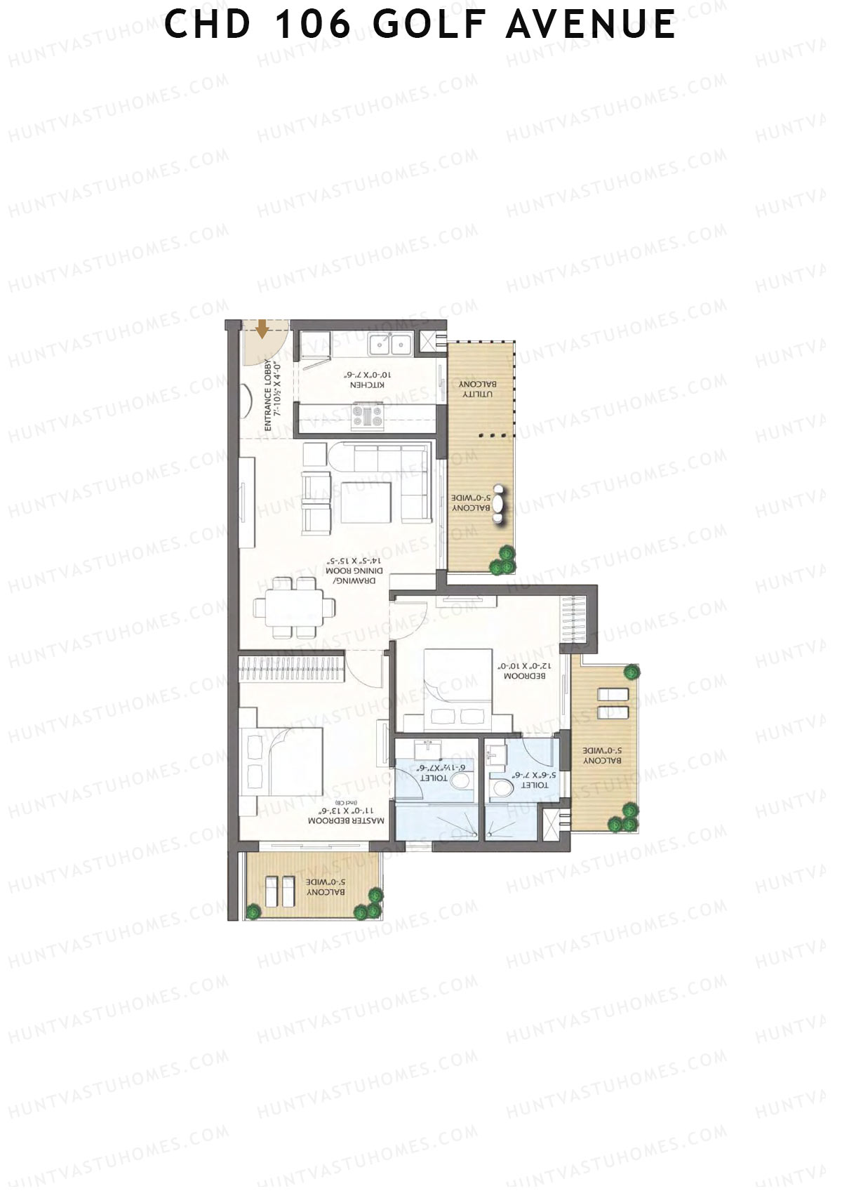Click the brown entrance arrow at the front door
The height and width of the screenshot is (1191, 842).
point(262,328)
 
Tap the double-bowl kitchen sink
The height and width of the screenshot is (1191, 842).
point(391,345)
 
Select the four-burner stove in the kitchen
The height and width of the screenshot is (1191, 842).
point(368,415)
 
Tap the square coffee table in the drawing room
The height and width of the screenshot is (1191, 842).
point(366,503)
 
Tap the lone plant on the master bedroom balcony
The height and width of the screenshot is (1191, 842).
point(253,912)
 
